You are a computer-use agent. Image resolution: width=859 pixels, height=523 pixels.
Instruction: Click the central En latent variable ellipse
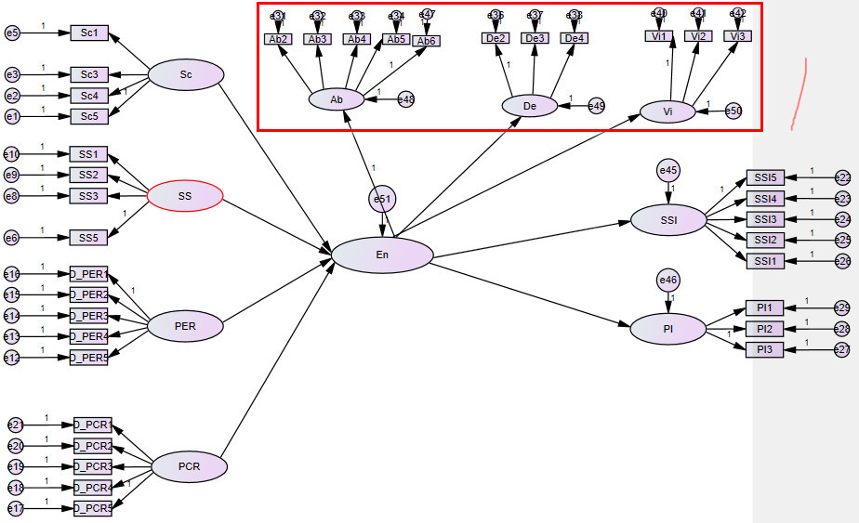(383, 255)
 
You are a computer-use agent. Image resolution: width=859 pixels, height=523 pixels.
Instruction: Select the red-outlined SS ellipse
(186, 195)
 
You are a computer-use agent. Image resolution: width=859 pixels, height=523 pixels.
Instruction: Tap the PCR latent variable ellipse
(189, 466)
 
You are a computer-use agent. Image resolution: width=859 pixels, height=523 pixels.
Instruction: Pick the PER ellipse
(186, 326)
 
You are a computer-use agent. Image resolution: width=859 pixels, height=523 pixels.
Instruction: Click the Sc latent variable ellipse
(186, 74)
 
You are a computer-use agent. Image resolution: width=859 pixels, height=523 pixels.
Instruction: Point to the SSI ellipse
(668, 220)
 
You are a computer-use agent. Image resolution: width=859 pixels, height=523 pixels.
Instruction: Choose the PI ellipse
(667, 328)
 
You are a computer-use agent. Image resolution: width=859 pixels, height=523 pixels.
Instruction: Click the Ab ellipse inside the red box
(336, 99)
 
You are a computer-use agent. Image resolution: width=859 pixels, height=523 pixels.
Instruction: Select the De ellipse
(530, 106)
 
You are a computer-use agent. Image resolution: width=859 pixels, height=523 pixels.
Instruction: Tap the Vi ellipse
(667, 111)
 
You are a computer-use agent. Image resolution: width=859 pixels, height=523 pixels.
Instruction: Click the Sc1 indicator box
(90, 34)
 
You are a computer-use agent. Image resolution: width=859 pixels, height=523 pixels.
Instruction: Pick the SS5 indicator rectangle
(88, 238)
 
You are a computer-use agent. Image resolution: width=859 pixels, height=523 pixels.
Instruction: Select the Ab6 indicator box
(426, 41)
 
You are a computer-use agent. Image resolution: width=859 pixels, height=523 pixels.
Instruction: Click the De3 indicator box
(535, 38)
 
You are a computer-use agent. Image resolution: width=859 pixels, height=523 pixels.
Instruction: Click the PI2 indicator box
(764, 328)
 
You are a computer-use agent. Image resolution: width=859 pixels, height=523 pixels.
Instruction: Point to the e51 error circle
(382, 200)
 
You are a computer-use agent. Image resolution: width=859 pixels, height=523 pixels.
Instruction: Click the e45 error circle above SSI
(667, 170)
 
